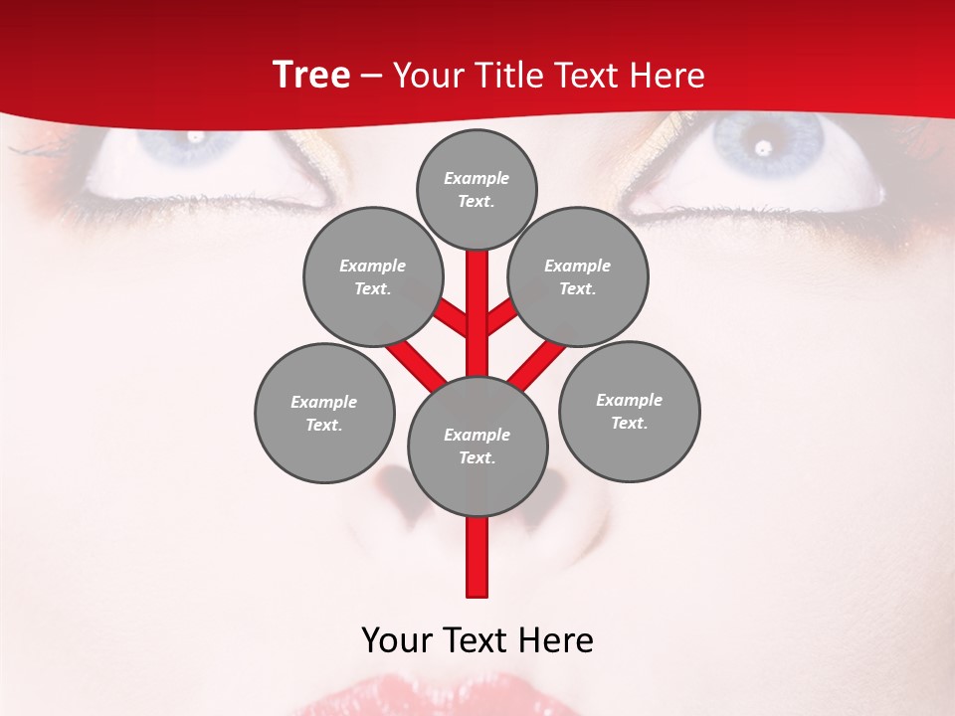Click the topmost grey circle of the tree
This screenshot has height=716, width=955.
click(x=477, y=189)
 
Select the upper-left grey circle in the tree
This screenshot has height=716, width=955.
click(x=372, y=276)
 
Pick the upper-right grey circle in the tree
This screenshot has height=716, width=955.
click(x=578, y=276)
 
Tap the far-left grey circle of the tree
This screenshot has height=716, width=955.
click(x=324, y=413)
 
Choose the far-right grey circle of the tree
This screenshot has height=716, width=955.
click(x=629, y=411)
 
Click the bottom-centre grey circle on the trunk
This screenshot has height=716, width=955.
click(x=477, y=446)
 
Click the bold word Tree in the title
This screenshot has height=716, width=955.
click(x=311, y=75)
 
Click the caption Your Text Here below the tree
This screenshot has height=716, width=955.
click(x=477, y=640)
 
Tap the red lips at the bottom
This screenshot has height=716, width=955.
click(x=438, y=696)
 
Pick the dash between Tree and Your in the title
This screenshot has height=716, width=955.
click(x=371, y=76)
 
